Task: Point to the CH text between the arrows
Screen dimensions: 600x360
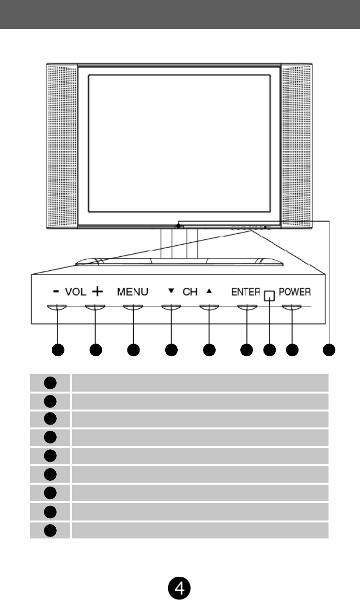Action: tap(190, 292)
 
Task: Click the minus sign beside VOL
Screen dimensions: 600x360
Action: tap(57, 292)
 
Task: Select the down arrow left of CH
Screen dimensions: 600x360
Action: tap(171, 292)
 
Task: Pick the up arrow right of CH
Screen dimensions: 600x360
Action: tap(208, 292)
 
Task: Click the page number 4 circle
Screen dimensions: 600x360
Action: tap(179, 587)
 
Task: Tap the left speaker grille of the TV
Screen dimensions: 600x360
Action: tap(61, 146)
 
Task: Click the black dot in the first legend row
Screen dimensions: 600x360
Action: tap(50, 382)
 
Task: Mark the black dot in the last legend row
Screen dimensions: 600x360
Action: tap(50, 530)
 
